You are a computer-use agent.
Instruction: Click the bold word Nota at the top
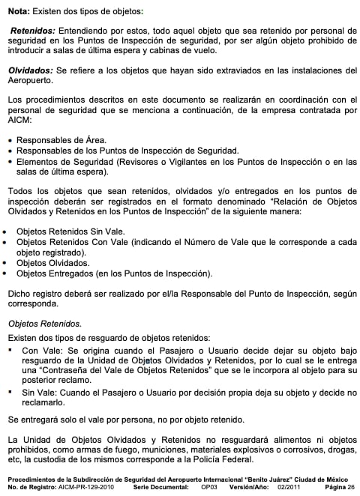tap(18, 12)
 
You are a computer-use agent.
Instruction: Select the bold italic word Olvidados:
tap(29, 69)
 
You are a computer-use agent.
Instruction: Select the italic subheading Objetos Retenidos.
tap(44, 323)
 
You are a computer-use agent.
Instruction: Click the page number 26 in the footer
tap(350, 486)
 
